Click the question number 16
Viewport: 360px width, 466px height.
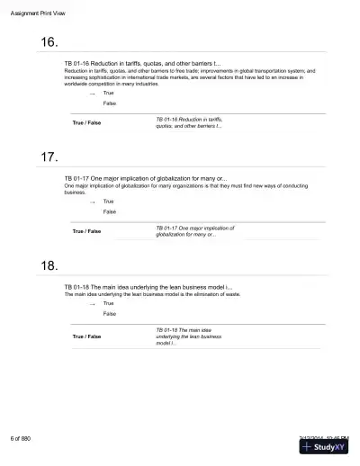coord(49,43)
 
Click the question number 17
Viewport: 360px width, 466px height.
coord(49,157)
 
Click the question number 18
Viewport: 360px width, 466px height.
coord(49,265)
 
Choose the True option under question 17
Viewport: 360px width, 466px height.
coord(108,202)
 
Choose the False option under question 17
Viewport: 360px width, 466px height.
coord(109,212)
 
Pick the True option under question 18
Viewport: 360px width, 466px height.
coord(108,303)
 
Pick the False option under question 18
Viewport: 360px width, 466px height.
coord(109,314)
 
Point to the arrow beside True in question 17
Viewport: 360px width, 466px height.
coord(92,202)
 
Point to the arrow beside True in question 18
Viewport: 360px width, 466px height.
coord(92,304)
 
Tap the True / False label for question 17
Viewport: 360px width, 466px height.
coord(86,231)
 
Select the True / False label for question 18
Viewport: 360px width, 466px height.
coord(86,336)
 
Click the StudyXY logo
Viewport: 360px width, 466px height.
coord(325,447)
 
